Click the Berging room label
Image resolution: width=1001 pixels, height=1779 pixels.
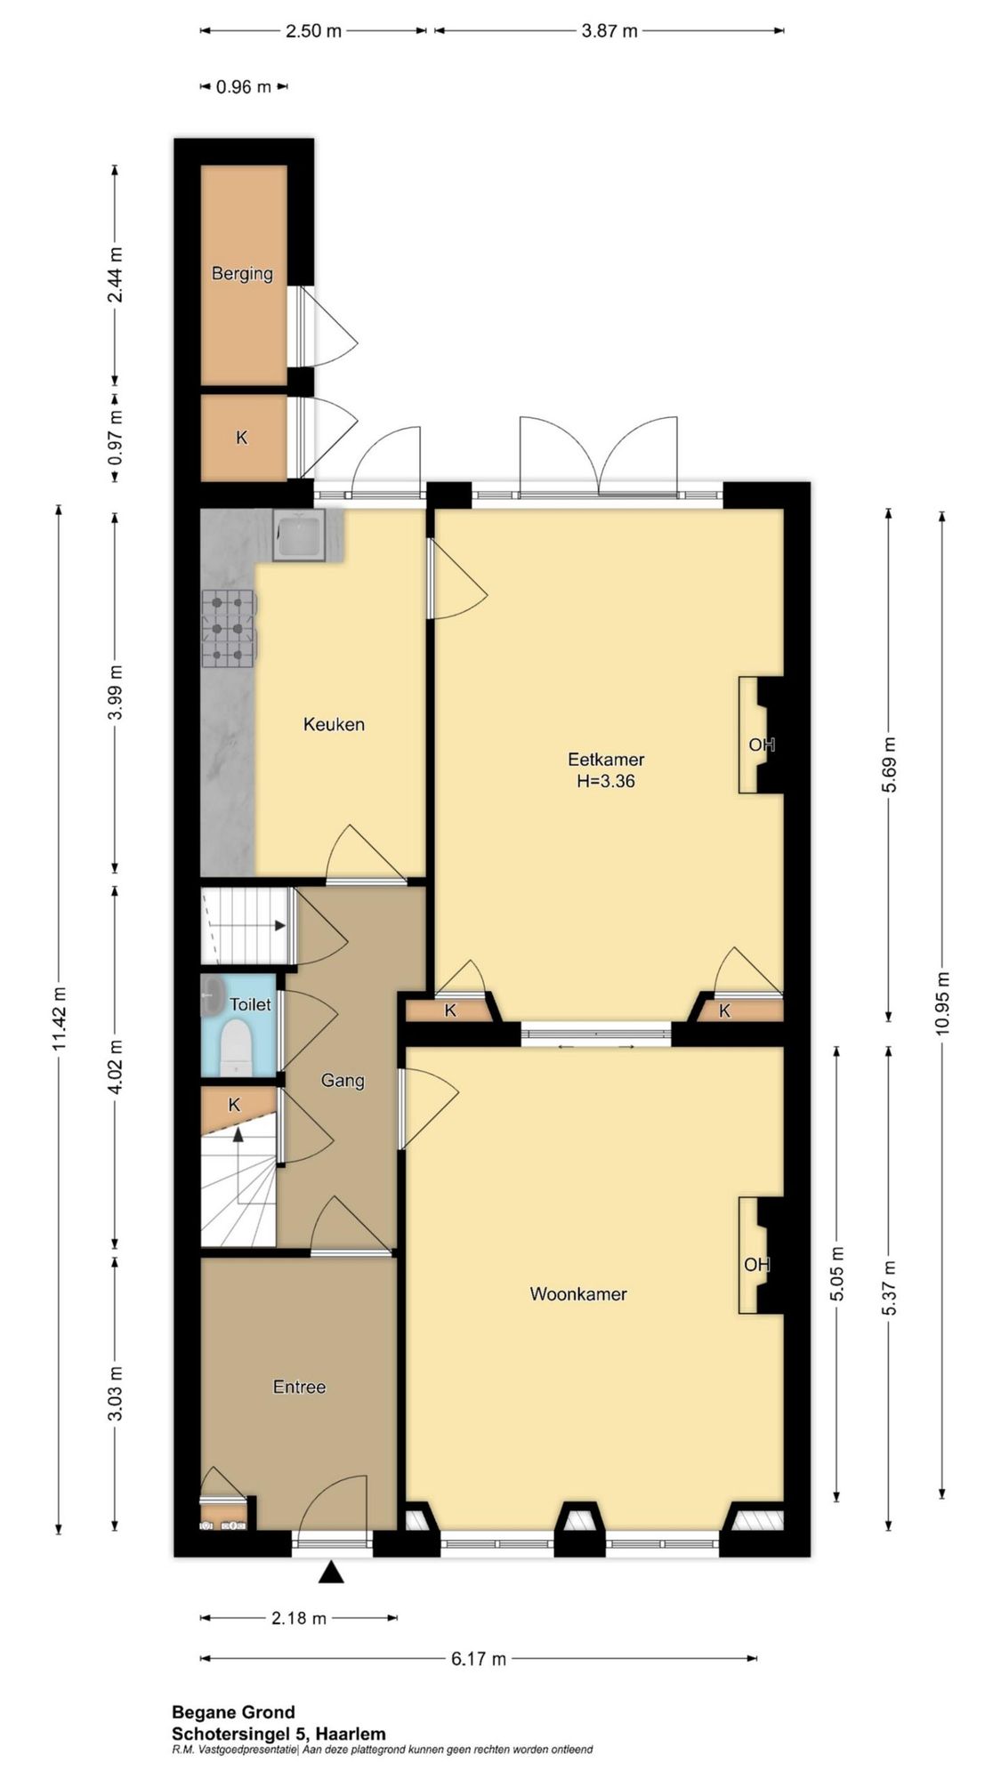pyautogui.click(x=242, y=273)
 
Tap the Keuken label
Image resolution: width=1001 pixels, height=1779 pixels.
pyautogui.click(x=334, y=724)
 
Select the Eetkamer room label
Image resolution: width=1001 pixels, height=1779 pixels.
pyautogui.click(x=606, y=760)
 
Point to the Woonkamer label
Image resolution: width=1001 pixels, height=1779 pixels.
pyautogui.click(x=578, y=1294)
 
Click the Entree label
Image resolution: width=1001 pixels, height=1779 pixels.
pyautogui.click(x=299, y=1387)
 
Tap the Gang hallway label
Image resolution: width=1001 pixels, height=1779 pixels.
pyautogui.click(x=343, y=1081)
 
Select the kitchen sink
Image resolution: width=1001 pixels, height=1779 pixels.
pyautogui.click(x=300, y=535)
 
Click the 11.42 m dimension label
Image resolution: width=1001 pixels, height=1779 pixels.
pyautogui.click(x=60, y=1019)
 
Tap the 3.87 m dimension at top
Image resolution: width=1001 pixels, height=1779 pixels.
pyautogui.click(x=609, y=31)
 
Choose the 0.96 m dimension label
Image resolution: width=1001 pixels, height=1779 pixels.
pyautogui.click(x=244, y=87)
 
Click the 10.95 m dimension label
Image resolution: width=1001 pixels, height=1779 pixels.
pyautogui.click(x=943, y=1002)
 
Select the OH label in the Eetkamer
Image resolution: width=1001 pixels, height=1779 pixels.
pyautogui.click(x=762, y=745)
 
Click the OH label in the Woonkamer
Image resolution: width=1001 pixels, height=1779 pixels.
pyautogui.click(x=757, y=1264)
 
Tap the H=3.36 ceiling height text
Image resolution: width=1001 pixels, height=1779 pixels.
pyautogui.click(x=606, y=782)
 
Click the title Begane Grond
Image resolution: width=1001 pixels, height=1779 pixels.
pyautogui.click(x=233, y=1711)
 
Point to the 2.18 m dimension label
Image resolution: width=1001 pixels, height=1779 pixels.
pyautogui.click(x=299, y=1618)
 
